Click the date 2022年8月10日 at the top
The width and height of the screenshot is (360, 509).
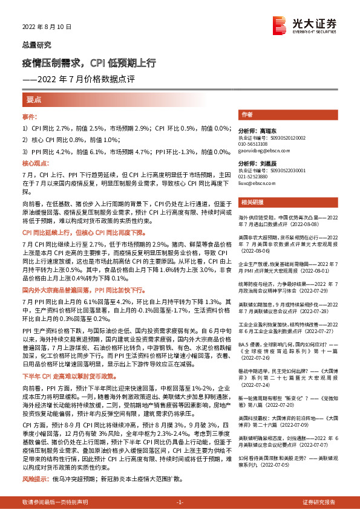(47, 27)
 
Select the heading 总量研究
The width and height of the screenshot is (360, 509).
(37, 45)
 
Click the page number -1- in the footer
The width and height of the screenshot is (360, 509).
(179, 502)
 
